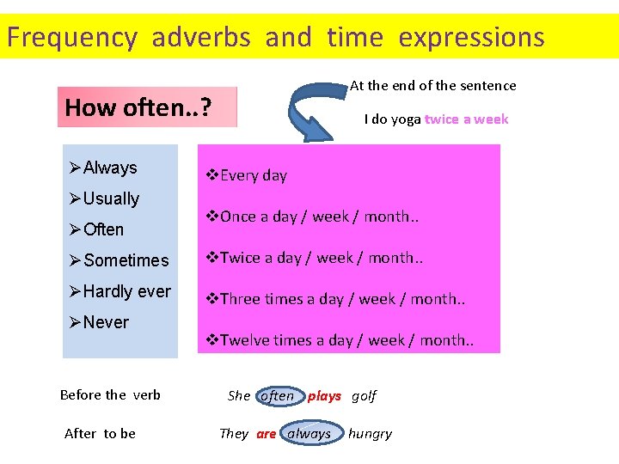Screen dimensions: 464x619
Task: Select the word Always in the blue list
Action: click(x=109, y=168)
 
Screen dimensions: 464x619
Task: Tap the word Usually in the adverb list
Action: click(x=111, y=198)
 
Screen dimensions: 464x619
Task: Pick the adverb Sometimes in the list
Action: click(x=126, y=260)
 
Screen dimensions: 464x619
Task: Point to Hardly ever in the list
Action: click(x=126, y=291)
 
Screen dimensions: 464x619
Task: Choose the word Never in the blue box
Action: click(x=106, y=322)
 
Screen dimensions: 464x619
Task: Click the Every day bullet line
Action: click(x=253, y=175)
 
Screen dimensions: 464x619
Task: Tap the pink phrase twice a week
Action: click(x=466, y=119)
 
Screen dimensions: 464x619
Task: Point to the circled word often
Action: click(x=277, y=396)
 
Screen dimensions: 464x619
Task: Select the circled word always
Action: click(x=309, y=434)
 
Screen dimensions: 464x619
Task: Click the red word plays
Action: click(x=324, y=396)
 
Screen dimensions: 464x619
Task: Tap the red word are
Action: click(x=267, y=434)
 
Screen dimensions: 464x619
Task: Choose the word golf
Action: click(x=365, y=396)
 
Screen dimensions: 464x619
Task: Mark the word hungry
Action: click(x=370, y=434)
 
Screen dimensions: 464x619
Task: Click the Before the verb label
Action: click(x=110, y=395)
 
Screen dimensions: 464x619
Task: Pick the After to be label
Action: click(x=100, y=433)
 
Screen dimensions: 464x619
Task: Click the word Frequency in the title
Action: click(x=71, y=38)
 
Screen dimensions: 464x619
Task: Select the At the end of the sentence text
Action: click(x=433, y=85)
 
